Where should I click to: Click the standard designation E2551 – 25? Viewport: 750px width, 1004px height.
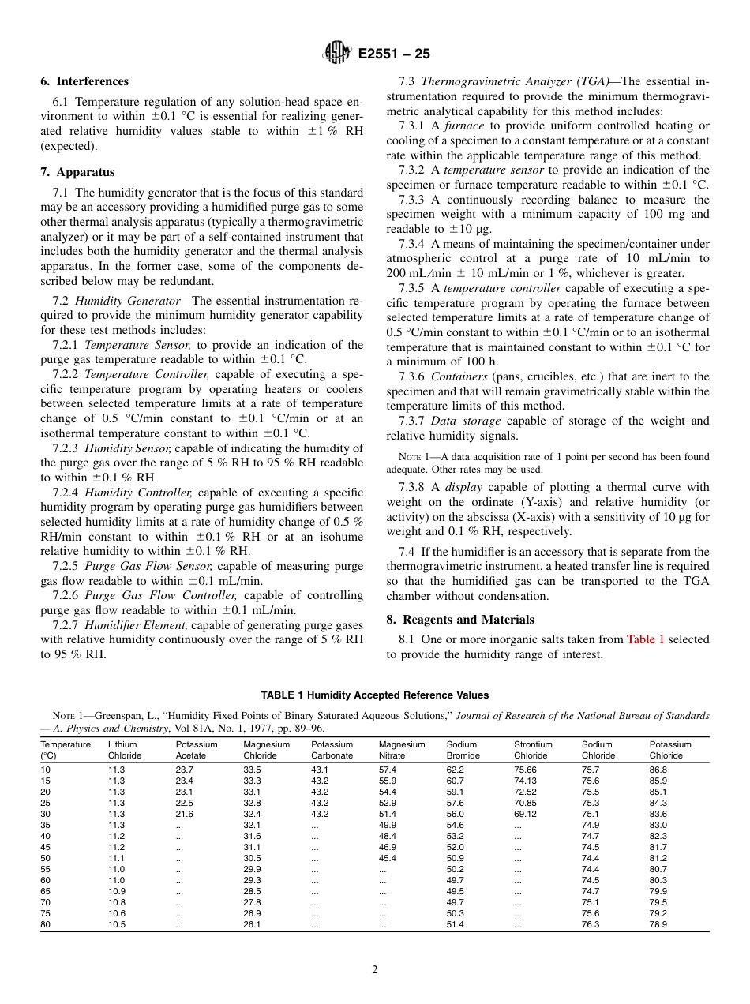[394, 54]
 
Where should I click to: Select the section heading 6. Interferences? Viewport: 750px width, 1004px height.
[84, 81]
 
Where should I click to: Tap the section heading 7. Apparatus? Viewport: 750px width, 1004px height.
[77, 172]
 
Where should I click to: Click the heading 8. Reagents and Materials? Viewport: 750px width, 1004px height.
[459, 620]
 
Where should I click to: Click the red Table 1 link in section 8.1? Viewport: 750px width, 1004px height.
[645, 639]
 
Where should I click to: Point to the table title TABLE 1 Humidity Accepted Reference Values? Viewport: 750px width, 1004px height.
[374, 695]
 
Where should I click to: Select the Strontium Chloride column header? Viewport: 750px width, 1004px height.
[533, 750]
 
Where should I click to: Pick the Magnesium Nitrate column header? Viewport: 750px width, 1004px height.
[401, 750]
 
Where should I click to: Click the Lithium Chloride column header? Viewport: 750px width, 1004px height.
[124, 750]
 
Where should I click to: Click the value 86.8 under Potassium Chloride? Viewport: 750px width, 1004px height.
[658, 770]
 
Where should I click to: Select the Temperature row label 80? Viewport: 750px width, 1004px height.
[45, 924]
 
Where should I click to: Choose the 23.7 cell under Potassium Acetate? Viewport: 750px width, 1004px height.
[184, 770]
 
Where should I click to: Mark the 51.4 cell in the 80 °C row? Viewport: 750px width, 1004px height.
[455, 924]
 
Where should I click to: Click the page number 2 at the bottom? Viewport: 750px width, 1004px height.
[375, 970]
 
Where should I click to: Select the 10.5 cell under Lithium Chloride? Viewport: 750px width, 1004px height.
[116, 924]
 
